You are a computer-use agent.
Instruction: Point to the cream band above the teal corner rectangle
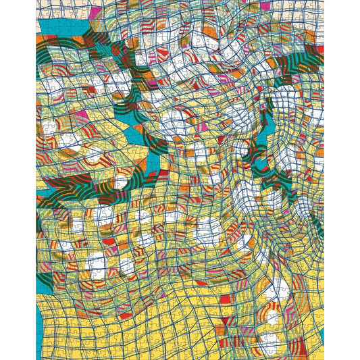57,8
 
